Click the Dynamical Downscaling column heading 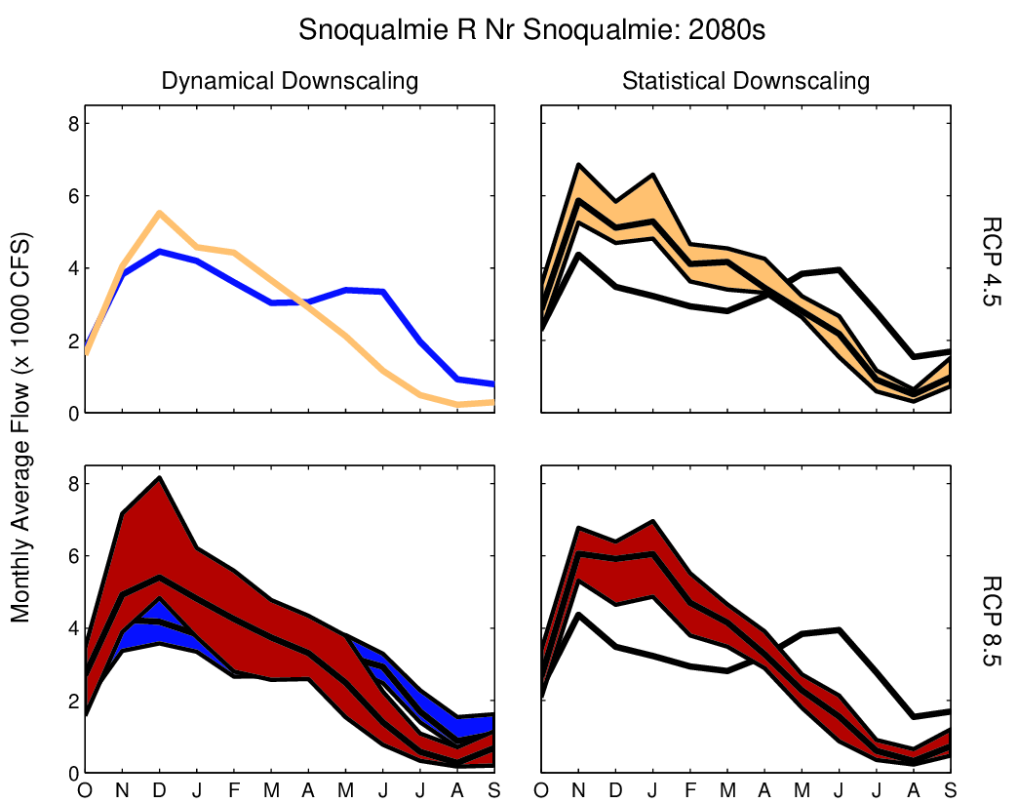(x=290, y=81)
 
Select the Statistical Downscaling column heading (x=746, y=81)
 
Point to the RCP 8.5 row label (x=992, y=623)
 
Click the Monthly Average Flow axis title (x=20, y=427)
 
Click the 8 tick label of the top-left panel (x=71, y=124)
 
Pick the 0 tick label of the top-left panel (x=71, y=414)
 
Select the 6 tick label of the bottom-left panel (x=71, y=556)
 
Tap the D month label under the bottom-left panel (x=160, y=788)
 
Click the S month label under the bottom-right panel (x=950, y=788)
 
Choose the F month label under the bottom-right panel (x=689, y=788)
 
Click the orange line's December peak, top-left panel (x=159, y=213)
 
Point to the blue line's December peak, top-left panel (x=160, y=252)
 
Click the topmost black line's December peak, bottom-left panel (x=160, y=478)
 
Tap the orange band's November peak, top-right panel (x=578, y=165)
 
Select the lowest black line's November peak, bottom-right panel (x=578, y=615)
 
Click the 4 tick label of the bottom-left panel (x=71, y=628)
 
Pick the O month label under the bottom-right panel (x=541, y=788)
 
